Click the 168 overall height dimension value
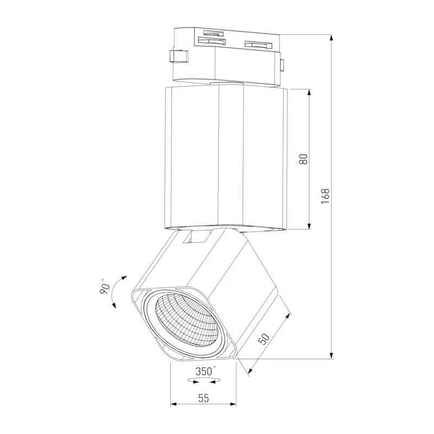click(325, 196)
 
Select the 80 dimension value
click(304, 159)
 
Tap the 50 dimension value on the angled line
click(264, 339)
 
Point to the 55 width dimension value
click(203, 398)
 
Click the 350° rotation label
click(206, 371)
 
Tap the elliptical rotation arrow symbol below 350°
click(204, 381)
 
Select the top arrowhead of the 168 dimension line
click(331, 37)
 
